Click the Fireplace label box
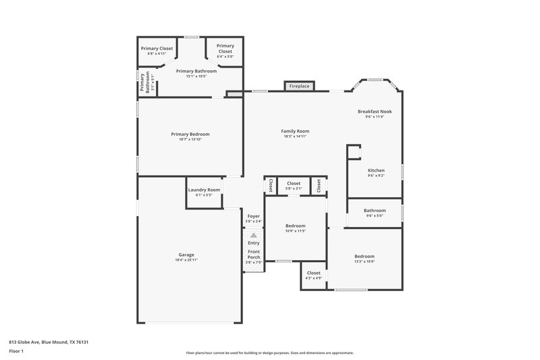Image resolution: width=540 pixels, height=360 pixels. (x=300, y=86)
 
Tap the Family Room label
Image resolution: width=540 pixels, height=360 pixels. (x=295, y=131)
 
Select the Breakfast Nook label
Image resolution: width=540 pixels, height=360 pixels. (x=375, y=111)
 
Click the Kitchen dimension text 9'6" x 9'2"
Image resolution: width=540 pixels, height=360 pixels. (x=376, y=176)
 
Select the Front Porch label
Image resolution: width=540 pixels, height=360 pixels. (x=254, y=255)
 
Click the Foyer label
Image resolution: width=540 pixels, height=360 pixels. (x=253, y=216)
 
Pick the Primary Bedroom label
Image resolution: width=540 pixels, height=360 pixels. (x=190, y=134)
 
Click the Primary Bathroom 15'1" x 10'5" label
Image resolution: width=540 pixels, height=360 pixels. (x=196, y=76)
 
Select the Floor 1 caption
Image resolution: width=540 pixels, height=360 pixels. (x=16, y=351)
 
